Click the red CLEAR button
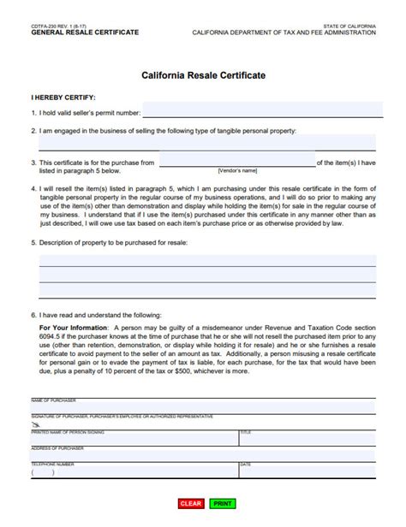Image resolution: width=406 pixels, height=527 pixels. click(x=191, y=504)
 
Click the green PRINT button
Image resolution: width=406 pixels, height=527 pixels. click(x=222, y=504)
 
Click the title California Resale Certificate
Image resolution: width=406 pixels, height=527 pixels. click(x=203, y=75)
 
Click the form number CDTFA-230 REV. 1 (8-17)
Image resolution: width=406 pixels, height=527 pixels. click(x=60, y=26)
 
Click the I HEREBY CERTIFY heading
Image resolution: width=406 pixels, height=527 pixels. click(x=63, y=98)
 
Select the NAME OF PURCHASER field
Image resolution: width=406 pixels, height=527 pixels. click(x=202, y=405)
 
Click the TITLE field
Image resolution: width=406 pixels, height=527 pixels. click(x=307, y=437)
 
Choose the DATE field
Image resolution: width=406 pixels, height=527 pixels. click(x=307, y=471)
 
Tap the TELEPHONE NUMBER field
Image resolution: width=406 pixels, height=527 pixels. click(x=133, y=471)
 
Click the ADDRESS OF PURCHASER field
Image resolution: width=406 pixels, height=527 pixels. click(x=202, y=453)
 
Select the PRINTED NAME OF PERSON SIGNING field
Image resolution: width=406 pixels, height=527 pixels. click(x=133, y=437)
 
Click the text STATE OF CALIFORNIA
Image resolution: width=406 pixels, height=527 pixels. click(x=349, y=26)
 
